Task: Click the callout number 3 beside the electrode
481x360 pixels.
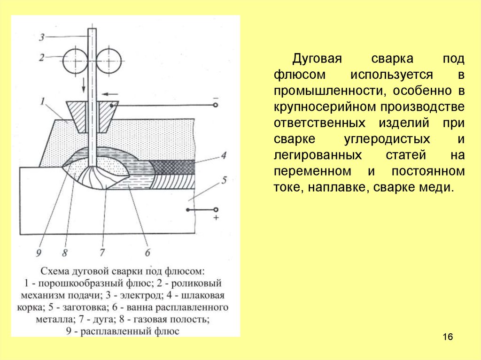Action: [42, 38]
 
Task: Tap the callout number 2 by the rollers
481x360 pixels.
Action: [42, 57]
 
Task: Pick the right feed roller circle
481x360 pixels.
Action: [109, 61]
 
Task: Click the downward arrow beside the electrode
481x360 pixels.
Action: [84, 85]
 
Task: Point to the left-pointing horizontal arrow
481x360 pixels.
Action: [110, 94]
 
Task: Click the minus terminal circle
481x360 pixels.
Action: [215, 105]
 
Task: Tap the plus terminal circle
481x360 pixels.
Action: [216, 210]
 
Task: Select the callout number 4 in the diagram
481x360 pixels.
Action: [224, 155]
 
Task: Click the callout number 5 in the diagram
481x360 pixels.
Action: [224, 180]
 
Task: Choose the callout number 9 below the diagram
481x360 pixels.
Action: [39, 253]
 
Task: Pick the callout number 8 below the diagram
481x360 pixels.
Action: [64, 253]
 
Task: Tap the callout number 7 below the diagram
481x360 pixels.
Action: [102, 253]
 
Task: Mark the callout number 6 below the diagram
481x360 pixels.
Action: [147, 253]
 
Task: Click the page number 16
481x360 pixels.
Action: [448, 337]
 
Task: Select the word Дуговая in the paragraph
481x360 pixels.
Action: [317, 59]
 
